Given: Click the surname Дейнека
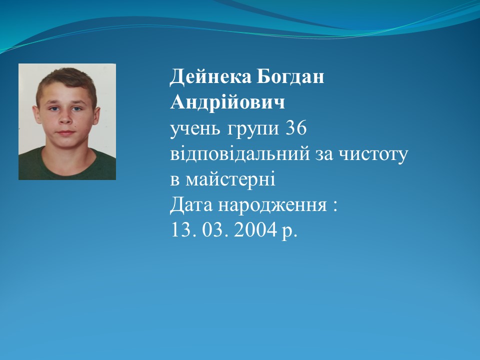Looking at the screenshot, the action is coord(210,76).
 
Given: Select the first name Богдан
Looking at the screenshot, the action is coord(290,76).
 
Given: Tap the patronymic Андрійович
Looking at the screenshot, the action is coord(227,102).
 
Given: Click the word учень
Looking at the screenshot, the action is coord(195,128).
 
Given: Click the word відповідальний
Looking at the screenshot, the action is coord(240,153).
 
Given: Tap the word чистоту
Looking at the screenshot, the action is coord(373,155).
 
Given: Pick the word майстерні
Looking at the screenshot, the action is coord(230,179).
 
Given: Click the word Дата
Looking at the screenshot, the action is coord(191,205).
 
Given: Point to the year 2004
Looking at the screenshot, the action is coord(255,230).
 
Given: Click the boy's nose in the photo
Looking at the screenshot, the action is coord(65,117).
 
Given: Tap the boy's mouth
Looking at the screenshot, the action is coord(66,133).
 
